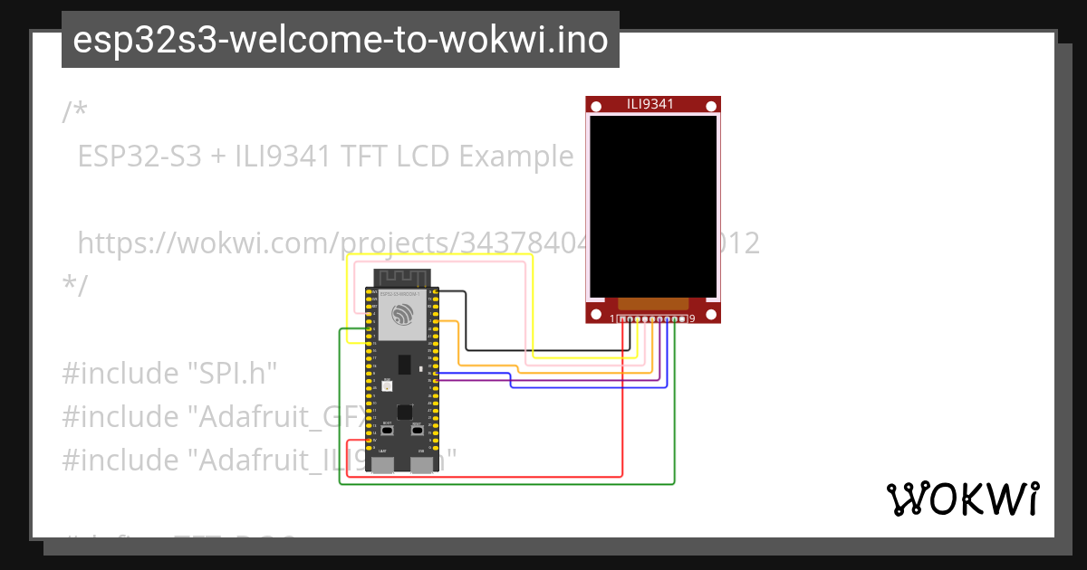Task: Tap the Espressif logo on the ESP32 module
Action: click(401, 316)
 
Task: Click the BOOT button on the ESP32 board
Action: click(387, 431)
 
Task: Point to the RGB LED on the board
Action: click(387, 385)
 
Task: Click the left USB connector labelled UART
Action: click(383, 465)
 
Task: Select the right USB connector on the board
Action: click(421, 465)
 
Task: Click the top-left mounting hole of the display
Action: click(595, 107)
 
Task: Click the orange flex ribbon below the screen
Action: click(653, 305)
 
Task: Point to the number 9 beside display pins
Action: click(692, 318)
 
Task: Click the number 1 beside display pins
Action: click(612, 318)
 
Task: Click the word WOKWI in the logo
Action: click(962, 499)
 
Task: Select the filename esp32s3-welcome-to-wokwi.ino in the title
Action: click(340, 40)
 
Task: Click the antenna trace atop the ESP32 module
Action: click(401, 276)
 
